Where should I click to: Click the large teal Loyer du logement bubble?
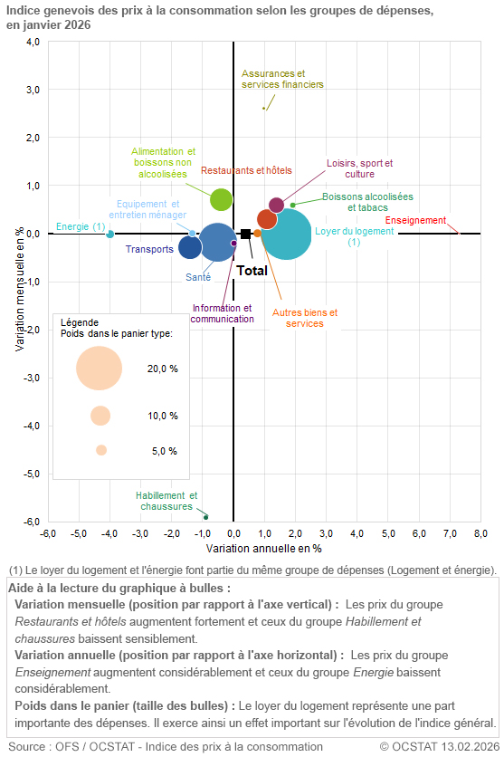point(287,234)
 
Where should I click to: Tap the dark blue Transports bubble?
point(190,246)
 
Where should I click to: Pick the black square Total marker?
point(245,234)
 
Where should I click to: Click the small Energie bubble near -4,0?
point(110,234)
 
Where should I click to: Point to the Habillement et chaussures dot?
point(206,517)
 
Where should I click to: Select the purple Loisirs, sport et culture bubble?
point(277,206)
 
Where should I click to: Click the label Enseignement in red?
point(415,220)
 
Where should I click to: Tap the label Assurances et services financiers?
point(282,79)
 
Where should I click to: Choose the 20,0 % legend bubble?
point(100,368)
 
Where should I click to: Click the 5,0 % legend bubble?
point(101,450)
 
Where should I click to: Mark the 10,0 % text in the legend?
point(162,416)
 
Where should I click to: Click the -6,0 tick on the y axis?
point(32,522)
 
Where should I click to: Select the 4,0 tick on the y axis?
point(32,42)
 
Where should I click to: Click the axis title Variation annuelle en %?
point(264,549)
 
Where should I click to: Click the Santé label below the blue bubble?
point(198,277)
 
